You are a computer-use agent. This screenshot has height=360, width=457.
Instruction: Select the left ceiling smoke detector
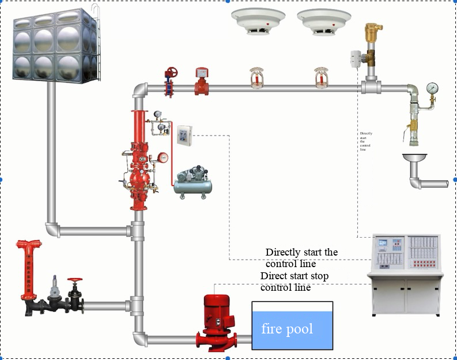[x=254, y=21]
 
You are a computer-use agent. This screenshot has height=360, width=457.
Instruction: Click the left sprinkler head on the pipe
[x=255, y=78]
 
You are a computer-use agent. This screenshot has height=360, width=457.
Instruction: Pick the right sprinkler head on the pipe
[x=320, y=78]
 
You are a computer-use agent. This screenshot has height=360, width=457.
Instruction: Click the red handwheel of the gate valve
[x=171, y=73]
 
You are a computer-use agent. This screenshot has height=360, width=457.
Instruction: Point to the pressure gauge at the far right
[x=432, y=88]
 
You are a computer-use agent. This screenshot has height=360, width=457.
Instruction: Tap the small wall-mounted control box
[x=184, y=136]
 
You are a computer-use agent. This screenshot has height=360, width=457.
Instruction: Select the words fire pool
[x=287, y=329]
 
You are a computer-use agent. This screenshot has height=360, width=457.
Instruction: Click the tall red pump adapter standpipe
[x=29, y=268]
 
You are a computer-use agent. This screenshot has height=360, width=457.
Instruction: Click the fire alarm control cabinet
[x=406, y=274]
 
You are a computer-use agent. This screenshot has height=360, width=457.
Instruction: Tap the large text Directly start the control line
[x=301, y=258]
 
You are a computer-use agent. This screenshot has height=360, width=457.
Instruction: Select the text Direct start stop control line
[x=294, y=282]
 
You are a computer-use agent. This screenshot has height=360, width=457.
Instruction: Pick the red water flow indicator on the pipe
[x=201, y=81]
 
